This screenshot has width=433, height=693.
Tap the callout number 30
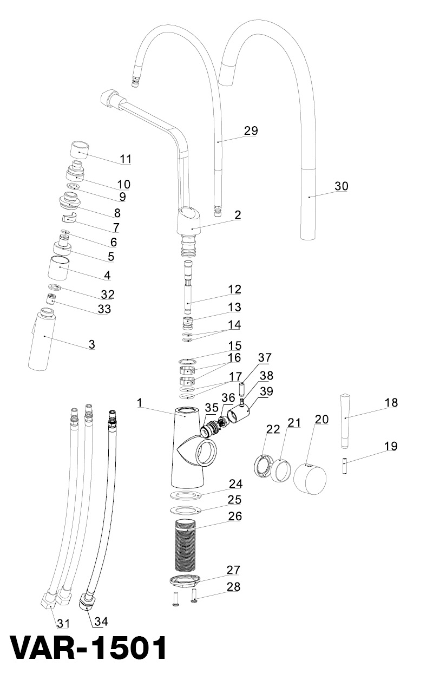[x=341, y=186]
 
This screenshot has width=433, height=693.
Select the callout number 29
[x=251, y=130]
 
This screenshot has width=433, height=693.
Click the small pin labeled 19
[x=344, y=466]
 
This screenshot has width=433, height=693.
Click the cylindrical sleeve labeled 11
[x=80, y=148]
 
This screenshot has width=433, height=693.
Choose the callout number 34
[x=101, y=622]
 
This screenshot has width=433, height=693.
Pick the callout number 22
[x=273, y=429]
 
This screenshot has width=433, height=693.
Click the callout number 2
[x=238, y=214]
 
